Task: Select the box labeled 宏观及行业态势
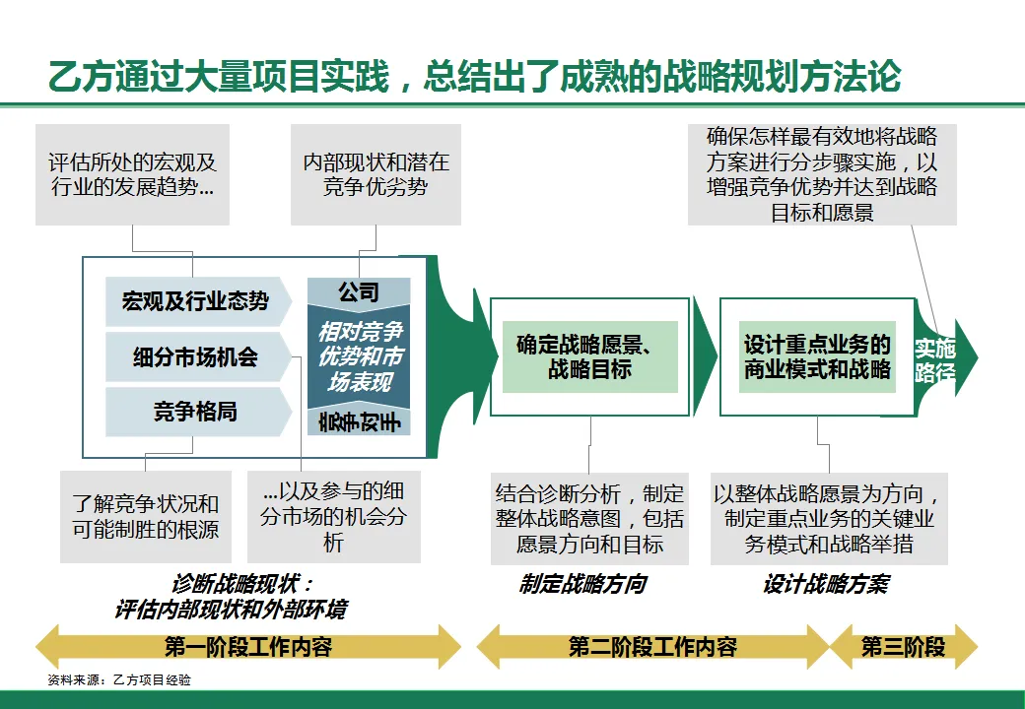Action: point(195,301)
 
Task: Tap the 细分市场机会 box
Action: point(195,356)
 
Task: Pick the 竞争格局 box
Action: point(195,412)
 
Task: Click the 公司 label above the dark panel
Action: point(359,292)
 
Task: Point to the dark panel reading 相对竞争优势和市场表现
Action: point(359,356)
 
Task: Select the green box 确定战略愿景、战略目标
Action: point(590,356)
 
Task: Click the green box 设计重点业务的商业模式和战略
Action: point(817,356)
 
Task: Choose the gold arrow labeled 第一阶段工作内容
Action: point(248,647)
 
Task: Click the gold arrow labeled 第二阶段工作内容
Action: point(652,647)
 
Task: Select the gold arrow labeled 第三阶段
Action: point(904,647)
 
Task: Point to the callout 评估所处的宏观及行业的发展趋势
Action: point(132,174)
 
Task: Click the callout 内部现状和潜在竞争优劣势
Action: point(376,174)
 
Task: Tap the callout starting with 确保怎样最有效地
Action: point(822,174)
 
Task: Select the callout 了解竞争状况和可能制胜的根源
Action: point(145,516)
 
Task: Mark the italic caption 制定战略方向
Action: point(582,584)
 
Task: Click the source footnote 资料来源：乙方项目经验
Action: point(119,679)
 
